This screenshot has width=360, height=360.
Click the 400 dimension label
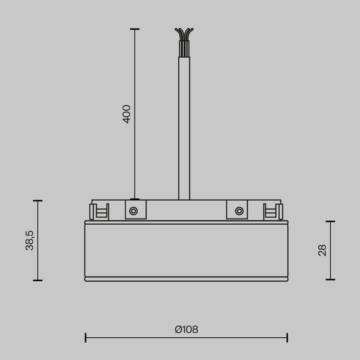point(126,114)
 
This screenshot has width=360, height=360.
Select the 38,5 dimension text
point(29,241)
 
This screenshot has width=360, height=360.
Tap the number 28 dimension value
point(323,250)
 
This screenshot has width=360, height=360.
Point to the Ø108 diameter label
point(186,329)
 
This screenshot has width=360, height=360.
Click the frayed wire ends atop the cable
point(184,33)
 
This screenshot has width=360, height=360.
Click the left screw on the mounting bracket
point(134,210)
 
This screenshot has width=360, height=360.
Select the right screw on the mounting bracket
point(239,210)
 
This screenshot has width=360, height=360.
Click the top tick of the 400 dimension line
point(134,29)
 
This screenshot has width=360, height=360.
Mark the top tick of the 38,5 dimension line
point(38,201)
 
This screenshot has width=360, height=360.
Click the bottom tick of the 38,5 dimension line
point(38,280)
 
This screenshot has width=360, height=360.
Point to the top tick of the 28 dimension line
point(330,222)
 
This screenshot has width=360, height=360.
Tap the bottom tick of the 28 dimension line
point(330,280)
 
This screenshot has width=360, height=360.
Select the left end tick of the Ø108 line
point(85,337)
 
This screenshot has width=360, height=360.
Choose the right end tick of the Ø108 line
point(287,337)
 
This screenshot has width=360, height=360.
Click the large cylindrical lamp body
point(186,249)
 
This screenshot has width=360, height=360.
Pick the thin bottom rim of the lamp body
point(186,278)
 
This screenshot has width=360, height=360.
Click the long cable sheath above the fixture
point(184,126)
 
